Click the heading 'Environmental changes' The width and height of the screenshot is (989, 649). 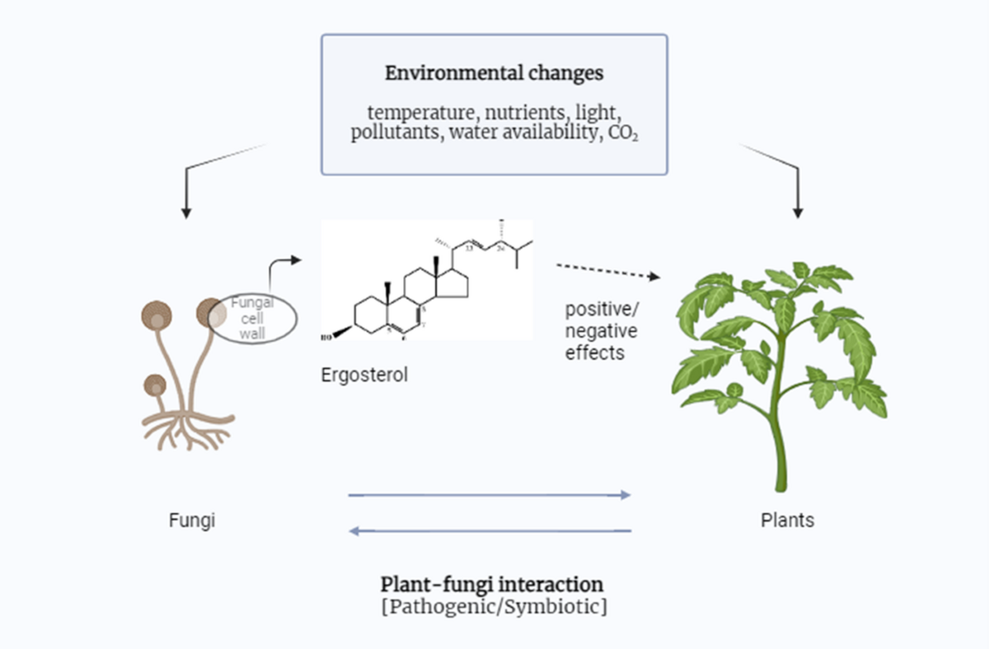pos(494,72)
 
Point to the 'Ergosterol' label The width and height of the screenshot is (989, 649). pos(364,376)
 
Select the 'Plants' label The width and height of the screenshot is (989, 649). pos(787,520)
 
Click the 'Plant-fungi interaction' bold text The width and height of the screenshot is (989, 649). pos(492,584)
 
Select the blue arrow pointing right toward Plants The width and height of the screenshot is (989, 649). pos(490,495)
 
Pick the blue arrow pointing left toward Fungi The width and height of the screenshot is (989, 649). pos(490,531)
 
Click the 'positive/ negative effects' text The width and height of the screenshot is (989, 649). pos(600,331)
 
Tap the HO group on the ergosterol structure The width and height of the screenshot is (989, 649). pos(327,336)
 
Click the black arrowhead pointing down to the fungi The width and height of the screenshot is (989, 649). pos(186,212)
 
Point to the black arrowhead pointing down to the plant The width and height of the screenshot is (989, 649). pos(797,212)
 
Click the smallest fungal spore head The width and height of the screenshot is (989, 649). pos(154,384)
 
